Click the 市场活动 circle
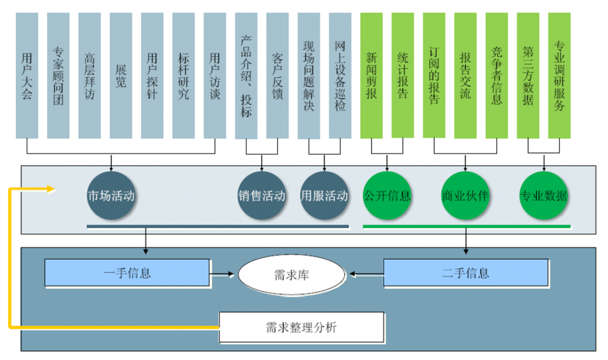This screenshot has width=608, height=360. (111, 197)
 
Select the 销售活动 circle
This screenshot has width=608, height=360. (262, 197)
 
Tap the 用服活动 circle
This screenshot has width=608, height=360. (324, 197)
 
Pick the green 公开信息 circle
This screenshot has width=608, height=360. (387, 197)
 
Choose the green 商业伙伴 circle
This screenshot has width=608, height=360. (465, 197)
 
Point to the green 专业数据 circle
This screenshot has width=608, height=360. (543, 197)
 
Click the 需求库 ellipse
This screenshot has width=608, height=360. (291, 274)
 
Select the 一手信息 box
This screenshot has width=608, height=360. (127, 273)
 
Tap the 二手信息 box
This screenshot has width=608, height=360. (466, 273)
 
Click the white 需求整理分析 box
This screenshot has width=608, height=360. (301, 327)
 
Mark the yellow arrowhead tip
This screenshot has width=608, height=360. (55, 189)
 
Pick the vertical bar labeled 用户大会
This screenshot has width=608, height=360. (27, 75)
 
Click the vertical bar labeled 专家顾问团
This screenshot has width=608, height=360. (58, 75)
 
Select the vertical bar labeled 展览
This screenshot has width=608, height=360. (120, 75)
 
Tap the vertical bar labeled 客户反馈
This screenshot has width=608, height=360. (278, 75)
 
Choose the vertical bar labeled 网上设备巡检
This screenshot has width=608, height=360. (340, 75)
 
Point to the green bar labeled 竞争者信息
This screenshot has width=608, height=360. (497, 75)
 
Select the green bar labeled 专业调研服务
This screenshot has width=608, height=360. (559, 75)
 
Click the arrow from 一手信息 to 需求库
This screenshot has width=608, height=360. (222, 274)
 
